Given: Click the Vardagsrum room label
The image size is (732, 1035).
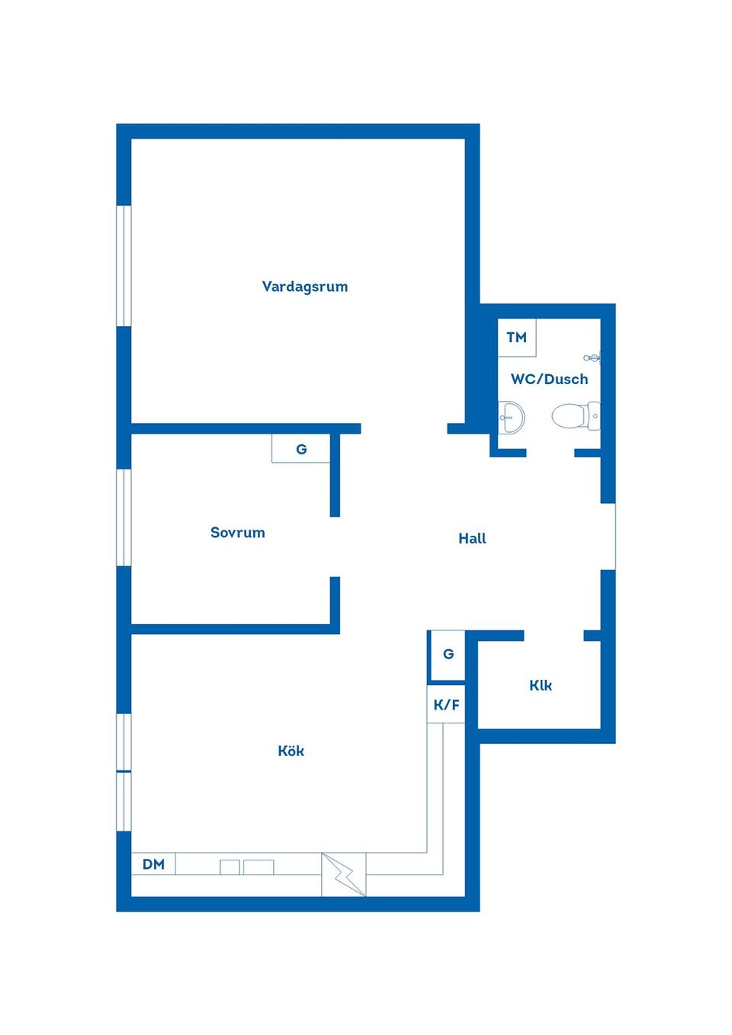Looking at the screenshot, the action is click(304, 287).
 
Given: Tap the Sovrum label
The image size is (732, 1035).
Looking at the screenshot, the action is click(238, 532).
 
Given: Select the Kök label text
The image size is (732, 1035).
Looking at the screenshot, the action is click(291, 751).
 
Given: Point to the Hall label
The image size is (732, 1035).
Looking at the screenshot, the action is click(472, 538).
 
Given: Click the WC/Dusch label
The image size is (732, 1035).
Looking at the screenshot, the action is click(549, 379).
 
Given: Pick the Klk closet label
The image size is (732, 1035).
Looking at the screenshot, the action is click(540, 685).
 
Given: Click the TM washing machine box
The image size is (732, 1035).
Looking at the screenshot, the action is click(517, 338).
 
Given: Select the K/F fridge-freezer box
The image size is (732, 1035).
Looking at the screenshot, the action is click(446, 704).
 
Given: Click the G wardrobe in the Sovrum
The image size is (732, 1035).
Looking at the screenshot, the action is click(301, 448).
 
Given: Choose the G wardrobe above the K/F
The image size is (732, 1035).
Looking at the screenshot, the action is click(448, 655).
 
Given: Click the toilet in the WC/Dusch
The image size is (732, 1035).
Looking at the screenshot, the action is click(576, 415).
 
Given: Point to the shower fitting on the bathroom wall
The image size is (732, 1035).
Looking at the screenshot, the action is click(592, 357).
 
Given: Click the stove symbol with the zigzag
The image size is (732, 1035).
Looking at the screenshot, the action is click(343, 874).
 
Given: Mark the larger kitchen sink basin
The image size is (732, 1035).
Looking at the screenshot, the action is click(258, 867).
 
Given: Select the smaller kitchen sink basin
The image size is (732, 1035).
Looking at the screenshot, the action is click(230, 867).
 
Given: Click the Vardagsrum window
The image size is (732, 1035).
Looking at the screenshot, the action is click(124, 266).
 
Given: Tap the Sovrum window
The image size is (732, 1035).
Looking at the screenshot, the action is click(124, 517).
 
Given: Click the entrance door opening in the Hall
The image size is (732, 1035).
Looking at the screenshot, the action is click(608, 537).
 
